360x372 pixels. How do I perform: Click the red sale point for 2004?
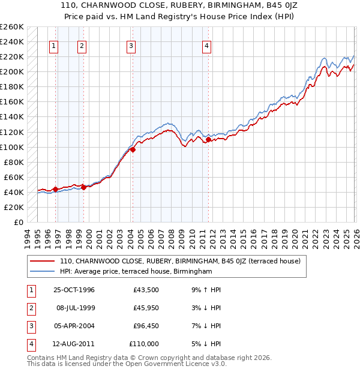tap(133, 150)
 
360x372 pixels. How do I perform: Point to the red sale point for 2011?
tap(208, 139)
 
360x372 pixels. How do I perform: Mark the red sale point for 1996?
tap(56, 189)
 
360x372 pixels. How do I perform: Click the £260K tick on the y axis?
tap(11, 27)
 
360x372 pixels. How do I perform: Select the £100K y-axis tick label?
tap(11, 147)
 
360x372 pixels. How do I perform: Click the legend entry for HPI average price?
tap(136, 272)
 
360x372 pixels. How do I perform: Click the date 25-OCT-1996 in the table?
tap(74, 290)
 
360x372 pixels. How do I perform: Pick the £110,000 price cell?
tap(145, 344)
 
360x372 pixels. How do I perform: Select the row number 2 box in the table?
tap(29, 308)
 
